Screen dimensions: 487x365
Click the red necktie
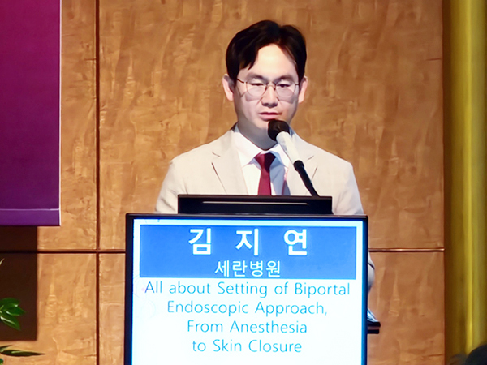[x=265, y=174]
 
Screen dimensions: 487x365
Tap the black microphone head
[x=278, y=129]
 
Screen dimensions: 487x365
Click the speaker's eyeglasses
[x=267, y=88]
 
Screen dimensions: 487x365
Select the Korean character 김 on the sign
[x=201, y=242]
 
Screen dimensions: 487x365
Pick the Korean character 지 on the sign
[x=248, y=242]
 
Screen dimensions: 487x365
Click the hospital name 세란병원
[x=248, y=268]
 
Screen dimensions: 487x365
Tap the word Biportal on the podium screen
[x=322, y=290]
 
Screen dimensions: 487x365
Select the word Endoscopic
[x=209, y=309]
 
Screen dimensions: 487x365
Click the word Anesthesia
[x=269, y=327]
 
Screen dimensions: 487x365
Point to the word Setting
[x=242, y=290]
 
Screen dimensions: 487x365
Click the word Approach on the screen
[x=291, y=309]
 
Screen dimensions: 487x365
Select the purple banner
[x=30, y=112]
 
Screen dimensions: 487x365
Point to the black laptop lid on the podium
[x=255, y=204]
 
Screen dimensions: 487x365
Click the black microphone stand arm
[x=306, y=178]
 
